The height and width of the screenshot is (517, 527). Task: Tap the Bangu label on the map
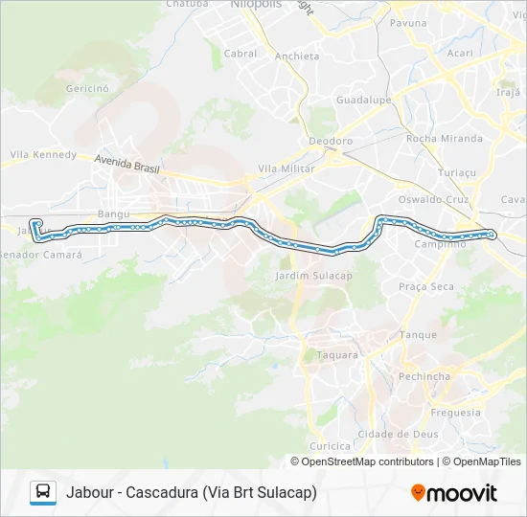click(112, 214)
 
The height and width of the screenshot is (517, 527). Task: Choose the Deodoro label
click(331, 141)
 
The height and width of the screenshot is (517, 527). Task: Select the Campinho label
click(440, 244)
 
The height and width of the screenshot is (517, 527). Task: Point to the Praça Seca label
click(426, 286)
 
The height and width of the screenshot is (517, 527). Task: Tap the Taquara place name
click(337, 354)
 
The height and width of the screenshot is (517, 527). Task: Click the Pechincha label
click(424, 376)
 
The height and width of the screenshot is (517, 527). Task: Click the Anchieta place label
click(297, 56)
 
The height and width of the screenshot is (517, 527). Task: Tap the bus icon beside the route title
click(43, 492)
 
